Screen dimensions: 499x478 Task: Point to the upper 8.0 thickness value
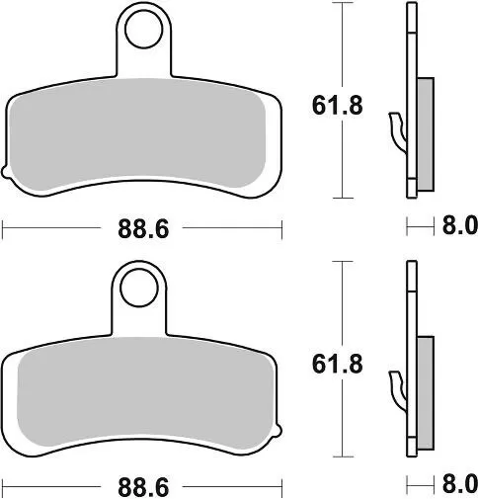pyautogui.click(x=458, y=226)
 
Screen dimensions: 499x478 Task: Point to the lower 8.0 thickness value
pyautogui.click(x=458, y=485)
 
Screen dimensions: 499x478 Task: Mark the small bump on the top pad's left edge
pyautogui.click(x=7, y=177)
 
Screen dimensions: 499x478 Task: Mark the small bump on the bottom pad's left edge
pyautogui.click(x=7, y=437)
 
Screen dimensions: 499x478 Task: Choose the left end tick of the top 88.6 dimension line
pyautogui.click(x=4, y=228)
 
